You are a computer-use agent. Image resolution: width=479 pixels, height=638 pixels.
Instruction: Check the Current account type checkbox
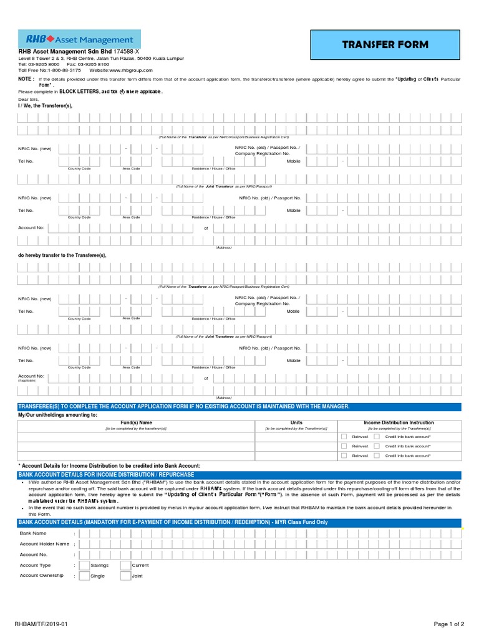125,565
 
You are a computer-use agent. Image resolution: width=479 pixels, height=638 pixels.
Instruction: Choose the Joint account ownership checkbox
125,576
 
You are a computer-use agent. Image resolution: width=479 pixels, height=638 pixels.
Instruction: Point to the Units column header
296,422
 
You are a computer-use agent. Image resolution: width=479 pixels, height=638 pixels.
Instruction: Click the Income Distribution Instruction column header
399,422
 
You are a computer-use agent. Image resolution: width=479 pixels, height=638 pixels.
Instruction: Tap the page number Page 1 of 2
449,624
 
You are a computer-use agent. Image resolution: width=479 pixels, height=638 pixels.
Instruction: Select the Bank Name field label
33,533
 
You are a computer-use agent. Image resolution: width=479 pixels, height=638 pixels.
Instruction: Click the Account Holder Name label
44,544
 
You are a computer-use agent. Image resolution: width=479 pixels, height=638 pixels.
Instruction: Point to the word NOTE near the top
26,80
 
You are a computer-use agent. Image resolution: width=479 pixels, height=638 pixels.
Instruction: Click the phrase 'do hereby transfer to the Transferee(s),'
62,255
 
